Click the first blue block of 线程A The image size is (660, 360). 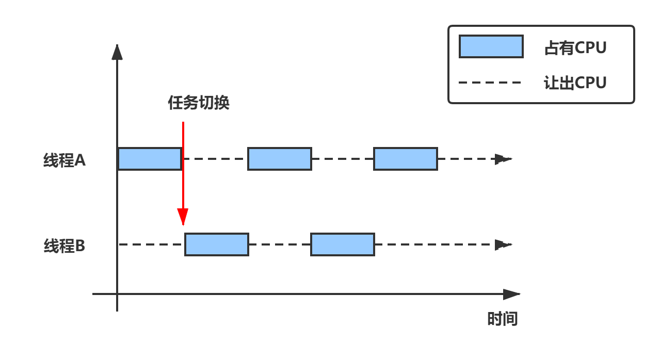coord(150,159)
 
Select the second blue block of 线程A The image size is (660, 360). coord(280,159)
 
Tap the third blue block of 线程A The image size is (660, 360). coord(406,159)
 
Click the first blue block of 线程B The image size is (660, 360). coord(217,244)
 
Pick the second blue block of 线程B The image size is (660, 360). coord(343,244)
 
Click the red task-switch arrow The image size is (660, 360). coord(183,165)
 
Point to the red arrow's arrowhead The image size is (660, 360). coord(183,218)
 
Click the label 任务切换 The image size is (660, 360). coord(199,103)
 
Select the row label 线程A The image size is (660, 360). coord(65,161)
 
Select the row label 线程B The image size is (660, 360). coord(65,246)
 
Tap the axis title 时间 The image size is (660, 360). coord(502,319)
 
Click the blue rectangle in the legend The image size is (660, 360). coord(491,46)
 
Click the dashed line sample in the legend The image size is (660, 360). coord(490,83)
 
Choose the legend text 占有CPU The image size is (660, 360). coord(575,48)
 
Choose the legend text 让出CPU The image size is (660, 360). coord(575,83)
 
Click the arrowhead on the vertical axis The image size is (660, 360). coord(117,52)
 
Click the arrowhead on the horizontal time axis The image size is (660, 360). coord(511,294)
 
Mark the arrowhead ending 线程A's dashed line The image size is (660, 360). coord(503,159)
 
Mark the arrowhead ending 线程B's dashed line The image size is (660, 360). coord(503,245)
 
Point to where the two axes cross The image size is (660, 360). coord(117,294)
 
